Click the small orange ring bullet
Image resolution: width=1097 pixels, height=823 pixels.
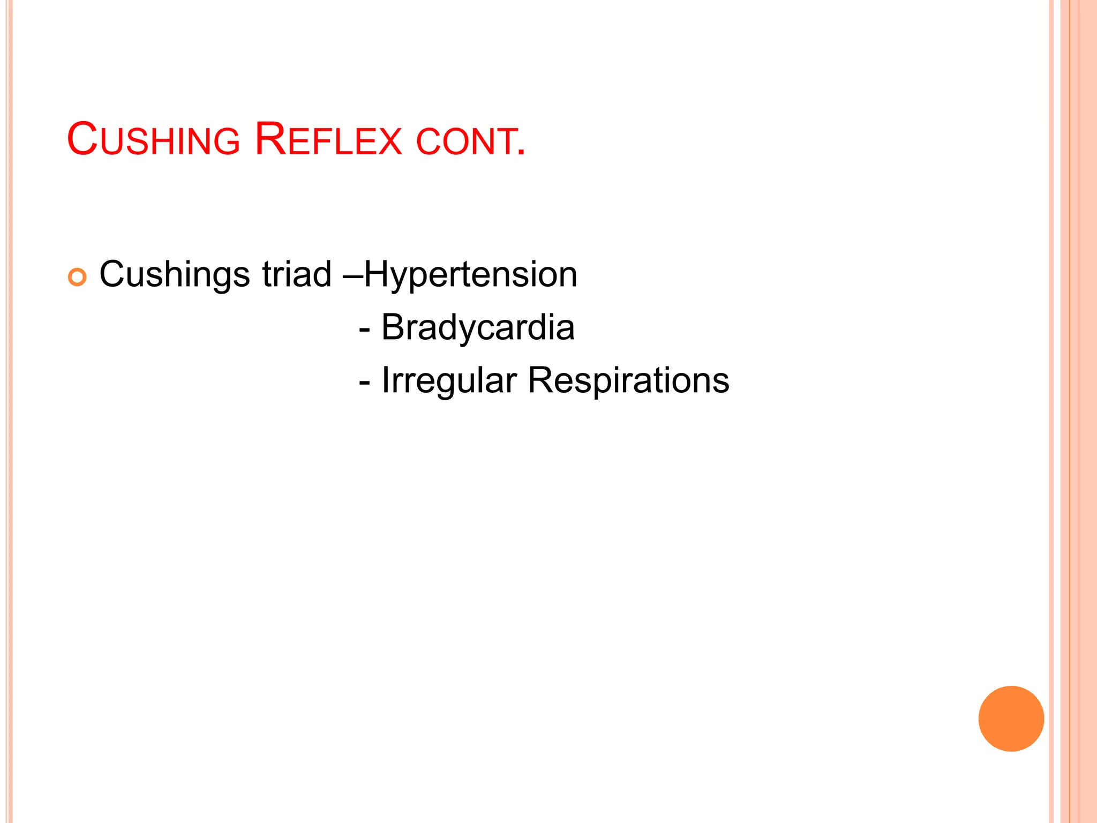[x=77, y=277]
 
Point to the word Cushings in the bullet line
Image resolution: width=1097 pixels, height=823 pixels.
[x=174, y=275]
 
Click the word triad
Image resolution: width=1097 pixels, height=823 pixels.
[x=297, y=274]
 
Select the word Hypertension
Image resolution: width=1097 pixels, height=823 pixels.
[x=471, y=275]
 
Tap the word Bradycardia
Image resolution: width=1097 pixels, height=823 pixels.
[x=477, y=327]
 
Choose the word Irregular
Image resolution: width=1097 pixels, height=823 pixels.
[x=449, y=381]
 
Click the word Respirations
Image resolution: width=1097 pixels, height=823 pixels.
[x=628, y=381]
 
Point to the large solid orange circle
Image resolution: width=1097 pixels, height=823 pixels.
[x=1011, y=719]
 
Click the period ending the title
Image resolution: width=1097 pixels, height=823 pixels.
[x=521, y=153]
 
